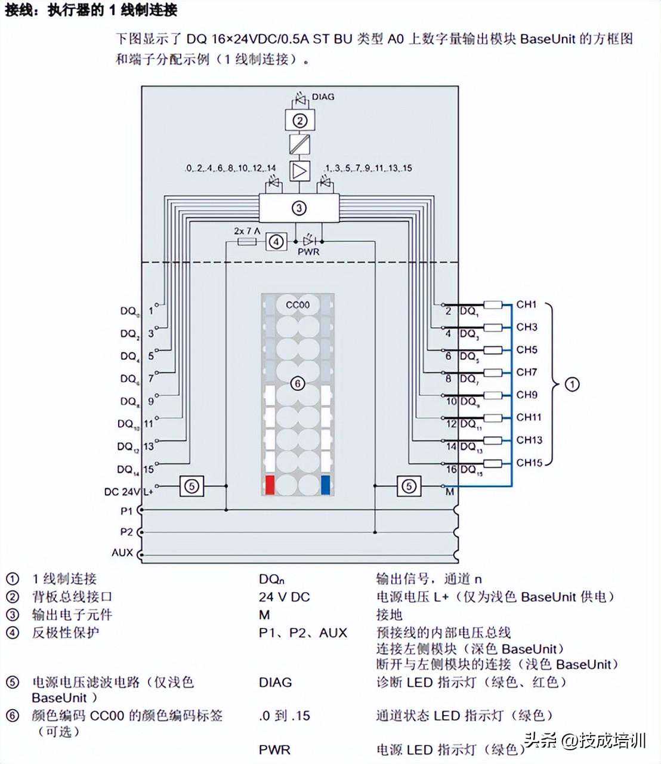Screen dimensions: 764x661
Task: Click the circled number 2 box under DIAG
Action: (x=299, y=121)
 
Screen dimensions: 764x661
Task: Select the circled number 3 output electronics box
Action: (x=299, y=208)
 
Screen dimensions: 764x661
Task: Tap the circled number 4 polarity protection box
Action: (x=276, y=242)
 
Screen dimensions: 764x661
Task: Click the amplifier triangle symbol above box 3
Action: (x=299, y=171)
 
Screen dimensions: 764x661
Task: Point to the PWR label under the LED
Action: (x=308, y=252)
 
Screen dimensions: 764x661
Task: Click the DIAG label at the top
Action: (x=323, y=97)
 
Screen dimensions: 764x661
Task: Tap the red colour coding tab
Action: (x=270, y=485)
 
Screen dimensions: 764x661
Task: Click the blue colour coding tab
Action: (x=326, y=485)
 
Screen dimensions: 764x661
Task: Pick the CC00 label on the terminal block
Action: (x=298, y=305)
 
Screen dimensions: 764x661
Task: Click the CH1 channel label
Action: (x=527, y=304)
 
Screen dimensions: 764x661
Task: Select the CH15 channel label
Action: (x=529, y=463)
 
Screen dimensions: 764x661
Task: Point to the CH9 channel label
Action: (x=527, y=395)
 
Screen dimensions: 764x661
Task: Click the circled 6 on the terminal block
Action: (x=297, y=383)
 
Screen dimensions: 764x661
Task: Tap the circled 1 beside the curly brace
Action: (x=572, y=384)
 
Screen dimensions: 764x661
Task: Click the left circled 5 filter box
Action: (x=191, y=486)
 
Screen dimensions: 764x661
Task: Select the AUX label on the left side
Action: (x=122, y=553)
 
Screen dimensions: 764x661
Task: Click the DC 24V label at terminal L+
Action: (x=121, y=492)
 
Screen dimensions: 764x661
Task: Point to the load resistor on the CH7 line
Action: (x=492, y=373)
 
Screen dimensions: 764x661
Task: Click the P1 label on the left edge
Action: (x=126, y=511)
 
